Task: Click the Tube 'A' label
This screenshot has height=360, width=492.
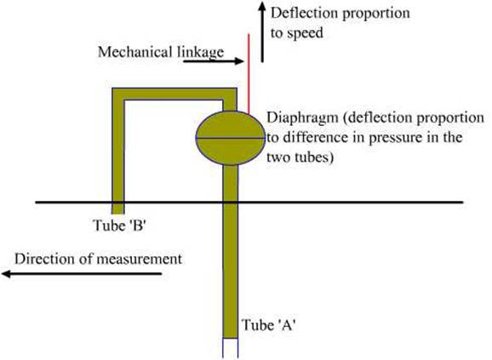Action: click(x=269, y=325)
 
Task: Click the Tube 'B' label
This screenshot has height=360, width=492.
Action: click(x=120, y=226)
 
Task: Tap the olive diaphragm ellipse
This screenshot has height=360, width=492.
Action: click(x=231, y=138)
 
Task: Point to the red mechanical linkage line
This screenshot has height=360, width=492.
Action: click(x=249, y=74)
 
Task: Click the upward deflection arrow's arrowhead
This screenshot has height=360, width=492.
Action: click(x=262, y=6)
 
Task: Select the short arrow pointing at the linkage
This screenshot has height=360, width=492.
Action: click(x=214, y=61)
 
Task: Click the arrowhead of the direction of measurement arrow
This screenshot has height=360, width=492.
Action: click(x=7, y=274)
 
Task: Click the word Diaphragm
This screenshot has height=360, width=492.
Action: click(x=302, y=118)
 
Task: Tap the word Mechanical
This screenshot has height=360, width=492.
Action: click(x=135, y=52)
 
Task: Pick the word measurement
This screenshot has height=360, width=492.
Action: click(x=140, y=260)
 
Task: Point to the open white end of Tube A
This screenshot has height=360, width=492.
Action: click(x=231, y=349)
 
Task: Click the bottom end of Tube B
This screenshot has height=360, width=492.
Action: click(x=118, y=214)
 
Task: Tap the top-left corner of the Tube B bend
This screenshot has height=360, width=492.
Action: click(x=112, y=89)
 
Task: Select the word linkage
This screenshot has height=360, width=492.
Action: click(x=201, y=52)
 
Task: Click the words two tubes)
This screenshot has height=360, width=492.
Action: click(x=300, y=157)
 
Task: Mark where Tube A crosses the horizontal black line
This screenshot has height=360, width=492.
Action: click(x=231, y=203)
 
